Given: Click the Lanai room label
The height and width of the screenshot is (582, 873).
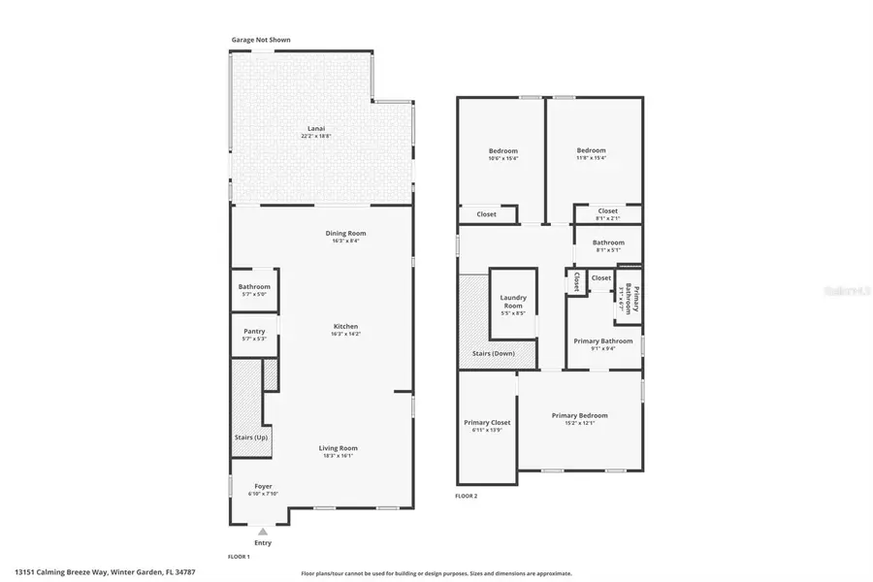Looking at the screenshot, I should [x=316, y=129].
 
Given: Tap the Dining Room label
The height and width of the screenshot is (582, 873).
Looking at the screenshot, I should [x=345, y=233].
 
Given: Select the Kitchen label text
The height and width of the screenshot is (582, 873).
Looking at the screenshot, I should [x=345, y=327].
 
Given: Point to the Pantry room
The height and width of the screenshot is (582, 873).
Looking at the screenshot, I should [x=254, y=335].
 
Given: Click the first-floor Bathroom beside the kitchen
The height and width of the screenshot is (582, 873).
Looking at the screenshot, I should [x=254, y=290].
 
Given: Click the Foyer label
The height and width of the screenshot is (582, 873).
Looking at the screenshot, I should [x=263, y=486].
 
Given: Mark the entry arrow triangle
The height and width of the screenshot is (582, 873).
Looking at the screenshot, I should [x=263, y=531].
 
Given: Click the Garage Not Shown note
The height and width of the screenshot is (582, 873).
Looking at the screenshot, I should [x=260, y=40].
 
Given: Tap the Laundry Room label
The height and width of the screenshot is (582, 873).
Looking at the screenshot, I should [x=512, y=302].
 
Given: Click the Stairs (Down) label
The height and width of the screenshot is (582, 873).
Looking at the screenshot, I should [x=494, y=354].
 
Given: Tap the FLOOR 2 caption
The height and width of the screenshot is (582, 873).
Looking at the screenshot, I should [x=467, y=496].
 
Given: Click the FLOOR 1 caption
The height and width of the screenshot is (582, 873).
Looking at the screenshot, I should [x=239, y=557].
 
